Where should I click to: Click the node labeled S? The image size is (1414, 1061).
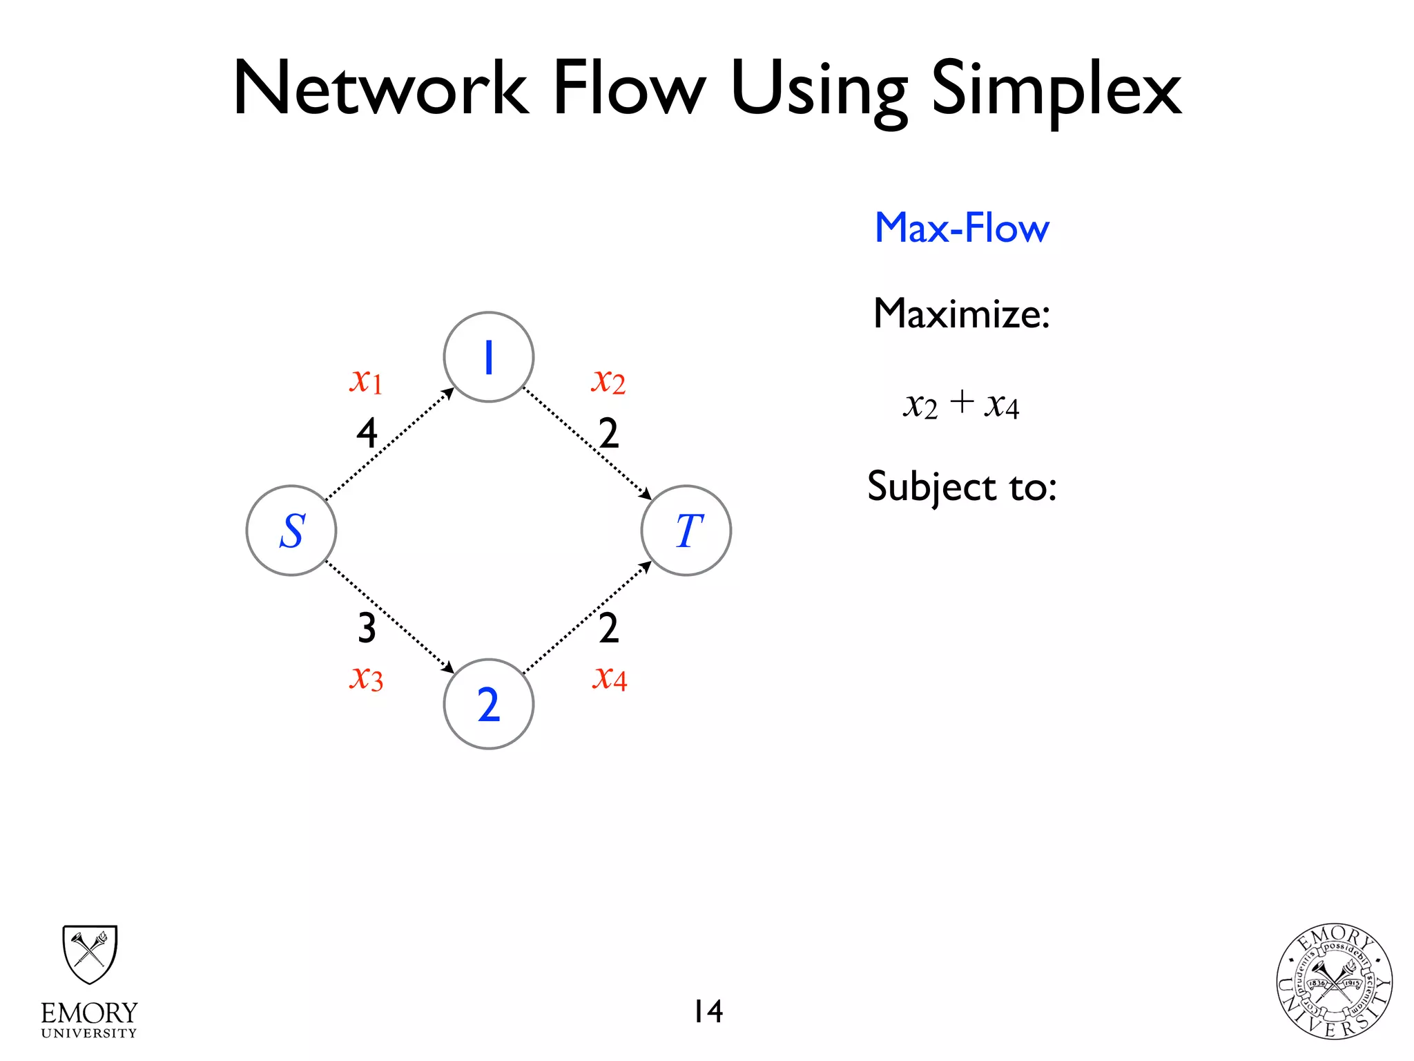[x=291, y=530]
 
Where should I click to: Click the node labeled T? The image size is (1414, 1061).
[x=686, y=530]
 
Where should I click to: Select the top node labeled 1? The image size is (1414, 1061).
[x=489, y=357]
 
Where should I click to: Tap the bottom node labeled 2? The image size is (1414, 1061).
[x=489, y=704]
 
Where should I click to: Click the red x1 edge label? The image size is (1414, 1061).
[x=366, y=380]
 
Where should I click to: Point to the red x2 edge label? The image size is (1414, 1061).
[x=608, y=381]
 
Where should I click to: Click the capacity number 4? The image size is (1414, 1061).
[x=367, y=434]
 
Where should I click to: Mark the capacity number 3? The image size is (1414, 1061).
[x=367, y=628]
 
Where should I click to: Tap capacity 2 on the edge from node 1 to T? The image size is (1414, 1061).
[x=608, y=434]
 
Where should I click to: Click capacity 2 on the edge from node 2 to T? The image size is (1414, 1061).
[x=608, y=628]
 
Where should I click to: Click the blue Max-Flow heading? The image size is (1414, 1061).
[x=962, y=228]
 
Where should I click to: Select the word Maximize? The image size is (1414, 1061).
[x=961, y=314]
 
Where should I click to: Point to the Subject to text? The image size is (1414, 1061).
[x=962, y=486]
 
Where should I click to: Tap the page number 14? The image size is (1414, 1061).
[x=708, y=1011]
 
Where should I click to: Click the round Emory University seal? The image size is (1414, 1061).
[x=1334, y=982]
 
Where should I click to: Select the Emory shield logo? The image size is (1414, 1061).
[x=90, y=954]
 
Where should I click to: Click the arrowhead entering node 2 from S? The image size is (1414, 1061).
[x=449, y=668]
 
